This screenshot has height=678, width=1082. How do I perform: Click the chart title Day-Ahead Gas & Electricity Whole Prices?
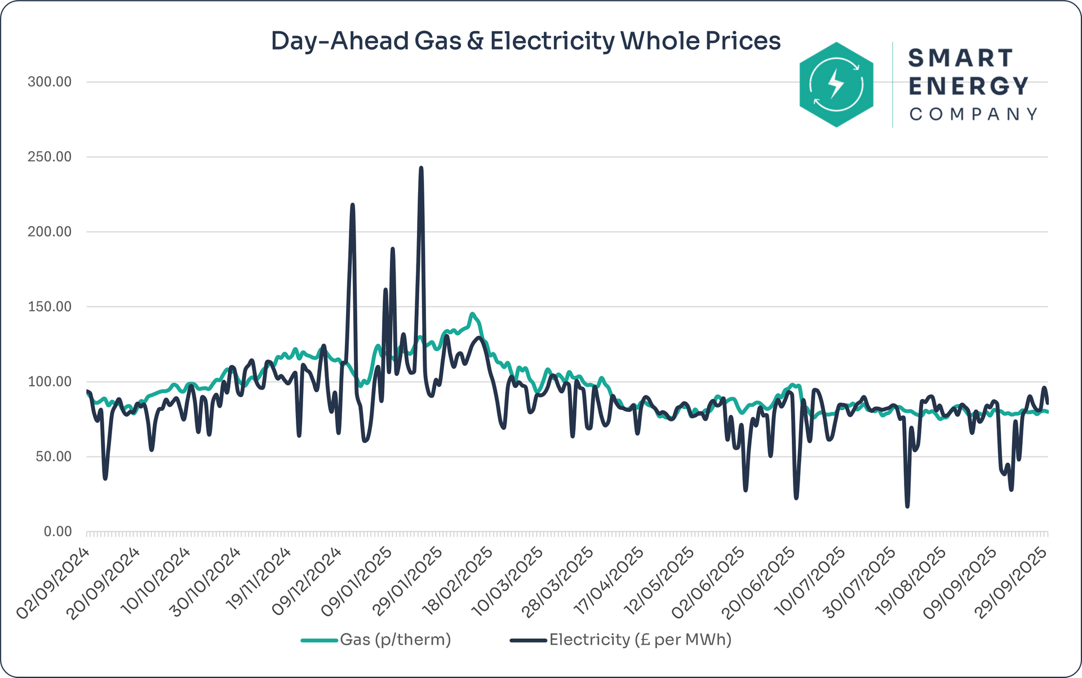tap(525, 41)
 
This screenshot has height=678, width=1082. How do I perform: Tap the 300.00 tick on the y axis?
tap(50, 82)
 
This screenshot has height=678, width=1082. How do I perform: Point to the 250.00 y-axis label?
tap(50, 157)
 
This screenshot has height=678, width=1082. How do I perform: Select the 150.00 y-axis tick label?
tap(50, 307)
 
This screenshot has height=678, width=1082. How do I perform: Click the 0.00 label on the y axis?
tap(57, 531)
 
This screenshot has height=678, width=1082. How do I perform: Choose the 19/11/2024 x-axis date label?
tap(259, 583)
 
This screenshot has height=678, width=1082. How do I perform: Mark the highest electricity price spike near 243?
tap(421, 168)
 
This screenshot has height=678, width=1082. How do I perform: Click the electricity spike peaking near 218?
tap(352, 205)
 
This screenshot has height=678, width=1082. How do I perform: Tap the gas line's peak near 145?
tap(472, 314)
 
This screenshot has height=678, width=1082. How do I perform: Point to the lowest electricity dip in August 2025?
tap(907, 506)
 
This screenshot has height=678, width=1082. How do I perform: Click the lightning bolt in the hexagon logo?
tap(836, 85)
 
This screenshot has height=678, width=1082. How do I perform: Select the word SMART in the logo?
tap(961, 58)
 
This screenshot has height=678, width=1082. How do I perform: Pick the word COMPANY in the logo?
tap(973, 114)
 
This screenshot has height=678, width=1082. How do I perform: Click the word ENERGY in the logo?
tap(969, 86)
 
